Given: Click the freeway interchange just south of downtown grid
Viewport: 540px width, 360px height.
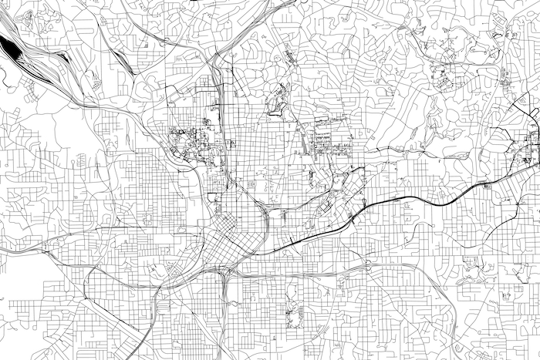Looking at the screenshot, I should pos(224,272).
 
